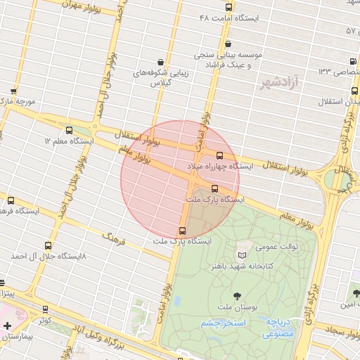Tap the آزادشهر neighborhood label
[x=279, y=84]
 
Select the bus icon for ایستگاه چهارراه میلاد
[x=219, y=155]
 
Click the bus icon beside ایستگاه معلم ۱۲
[x=69, y=131]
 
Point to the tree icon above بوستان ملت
[x=236, y=297]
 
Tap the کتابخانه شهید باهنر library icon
[x=243, y=256]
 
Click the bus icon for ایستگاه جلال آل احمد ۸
[x=48, y=246]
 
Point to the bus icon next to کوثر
[x=46, y=309]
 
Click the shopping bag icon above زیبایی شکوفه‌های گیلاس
[x=161, y=62]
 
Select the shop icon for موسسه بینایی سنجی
[x=208, y=65]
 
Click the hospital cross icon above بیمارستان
[x=7, y=326]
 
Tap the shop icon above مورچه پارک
[x=13, y=91]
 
